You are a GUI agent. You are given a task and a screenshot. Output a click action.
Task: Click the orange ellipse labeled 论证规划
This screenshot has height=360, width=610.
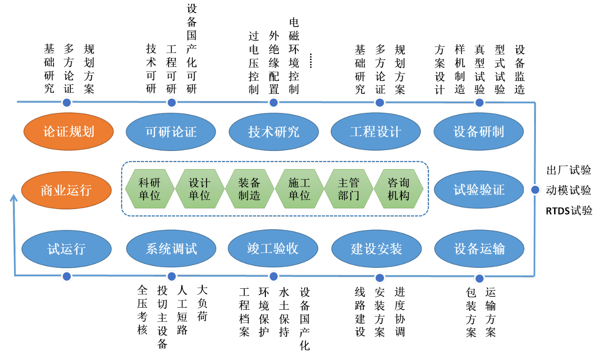pyautogui.click(x=69, y=132)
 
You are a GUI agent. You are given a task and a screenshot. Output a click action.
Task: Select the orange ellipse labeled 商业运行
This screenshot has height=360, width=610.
pyautogui.click(x=66, y=190)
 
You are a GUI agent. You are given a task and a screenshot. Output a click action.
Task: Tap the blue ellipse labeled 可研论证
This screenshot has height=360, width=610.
pyautogui.click(x=171, y=132)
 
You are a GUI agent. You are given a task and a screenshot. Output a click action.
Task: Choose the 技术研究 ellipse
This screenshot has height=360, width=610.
pyautogui.click(x=274, y=132)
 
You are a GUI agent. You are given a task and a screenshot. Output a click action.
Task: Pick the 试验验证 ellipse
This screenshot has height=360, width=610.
pyautogui.click(x=479, y=190)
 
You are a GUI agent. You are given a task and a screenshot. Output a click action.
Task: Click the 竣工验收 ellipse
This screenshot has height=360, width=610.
pyautogui.click(x=273, y=248)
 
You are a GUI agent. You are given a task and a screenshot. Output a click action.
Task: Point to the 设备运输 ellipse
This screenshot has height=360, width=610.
pyautogui.click(x=479, y=249)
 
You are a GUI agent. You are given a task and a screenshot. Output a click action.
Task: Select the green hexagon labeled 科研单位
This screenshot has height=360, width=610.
pyautogui.click(x=150, y=189)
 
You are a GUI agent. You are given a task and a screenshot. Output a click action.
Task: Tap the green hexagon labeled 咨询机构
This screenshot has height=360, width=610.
pyautogui.click(x=399, y=189)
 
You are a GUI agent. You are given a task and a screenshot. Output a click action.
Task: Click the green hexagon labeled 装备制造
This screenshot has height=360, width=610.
pyautogui.click(x=249, y=189)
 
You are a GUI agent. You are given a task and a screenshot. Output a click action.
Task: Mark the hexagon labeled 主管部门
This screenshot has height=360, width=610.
pyautogui.click(x=349, y=189)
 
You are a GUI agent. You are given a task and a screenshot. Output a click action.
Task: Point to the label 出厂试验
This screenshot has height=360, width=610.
pyautogui.click(x=569, y=170)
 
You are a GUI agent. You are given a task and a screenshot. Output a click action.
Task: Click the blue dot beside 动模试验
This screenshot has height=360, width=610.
pyautogui.click(x=535, y=190)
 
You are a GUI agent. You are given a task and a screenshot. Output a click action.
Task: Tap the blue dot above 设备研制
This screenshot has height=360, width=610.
pyautogui.click(x=479, y=103)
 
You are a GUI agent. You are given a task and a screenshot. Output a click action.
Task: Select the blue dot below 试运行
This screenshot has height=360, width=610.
pyautogui.click(x=67, y=276)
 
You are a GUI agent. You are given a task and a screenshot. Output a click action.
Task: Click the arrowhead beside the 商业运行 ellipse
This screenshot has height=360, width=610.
pyautogui.click(x=14, y=198)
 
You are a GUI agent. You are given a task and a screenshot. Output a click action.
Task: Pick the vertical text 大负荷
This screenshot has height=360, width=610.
pyautogui.click(x=202, y=303)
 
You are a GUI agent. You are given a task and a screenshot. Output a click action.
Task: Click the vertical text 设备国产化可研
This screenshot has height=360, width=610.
pyautogui.click(x=192, y=49)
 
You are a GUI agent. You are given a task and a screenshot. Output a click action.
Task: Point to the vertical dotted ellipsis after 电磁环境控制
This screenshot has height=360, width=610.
pyautogui.click(x=311, y=60)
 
